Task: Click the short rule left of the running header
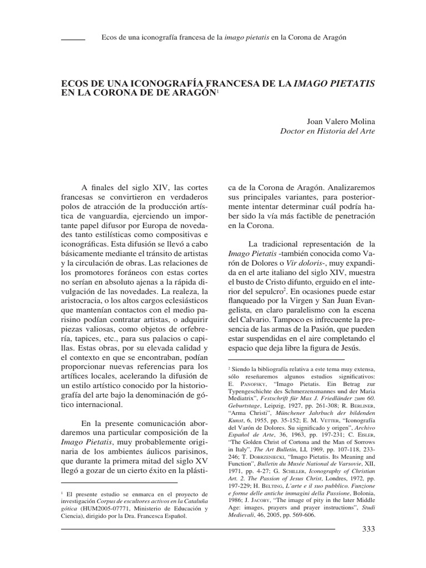pos(72,39)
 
